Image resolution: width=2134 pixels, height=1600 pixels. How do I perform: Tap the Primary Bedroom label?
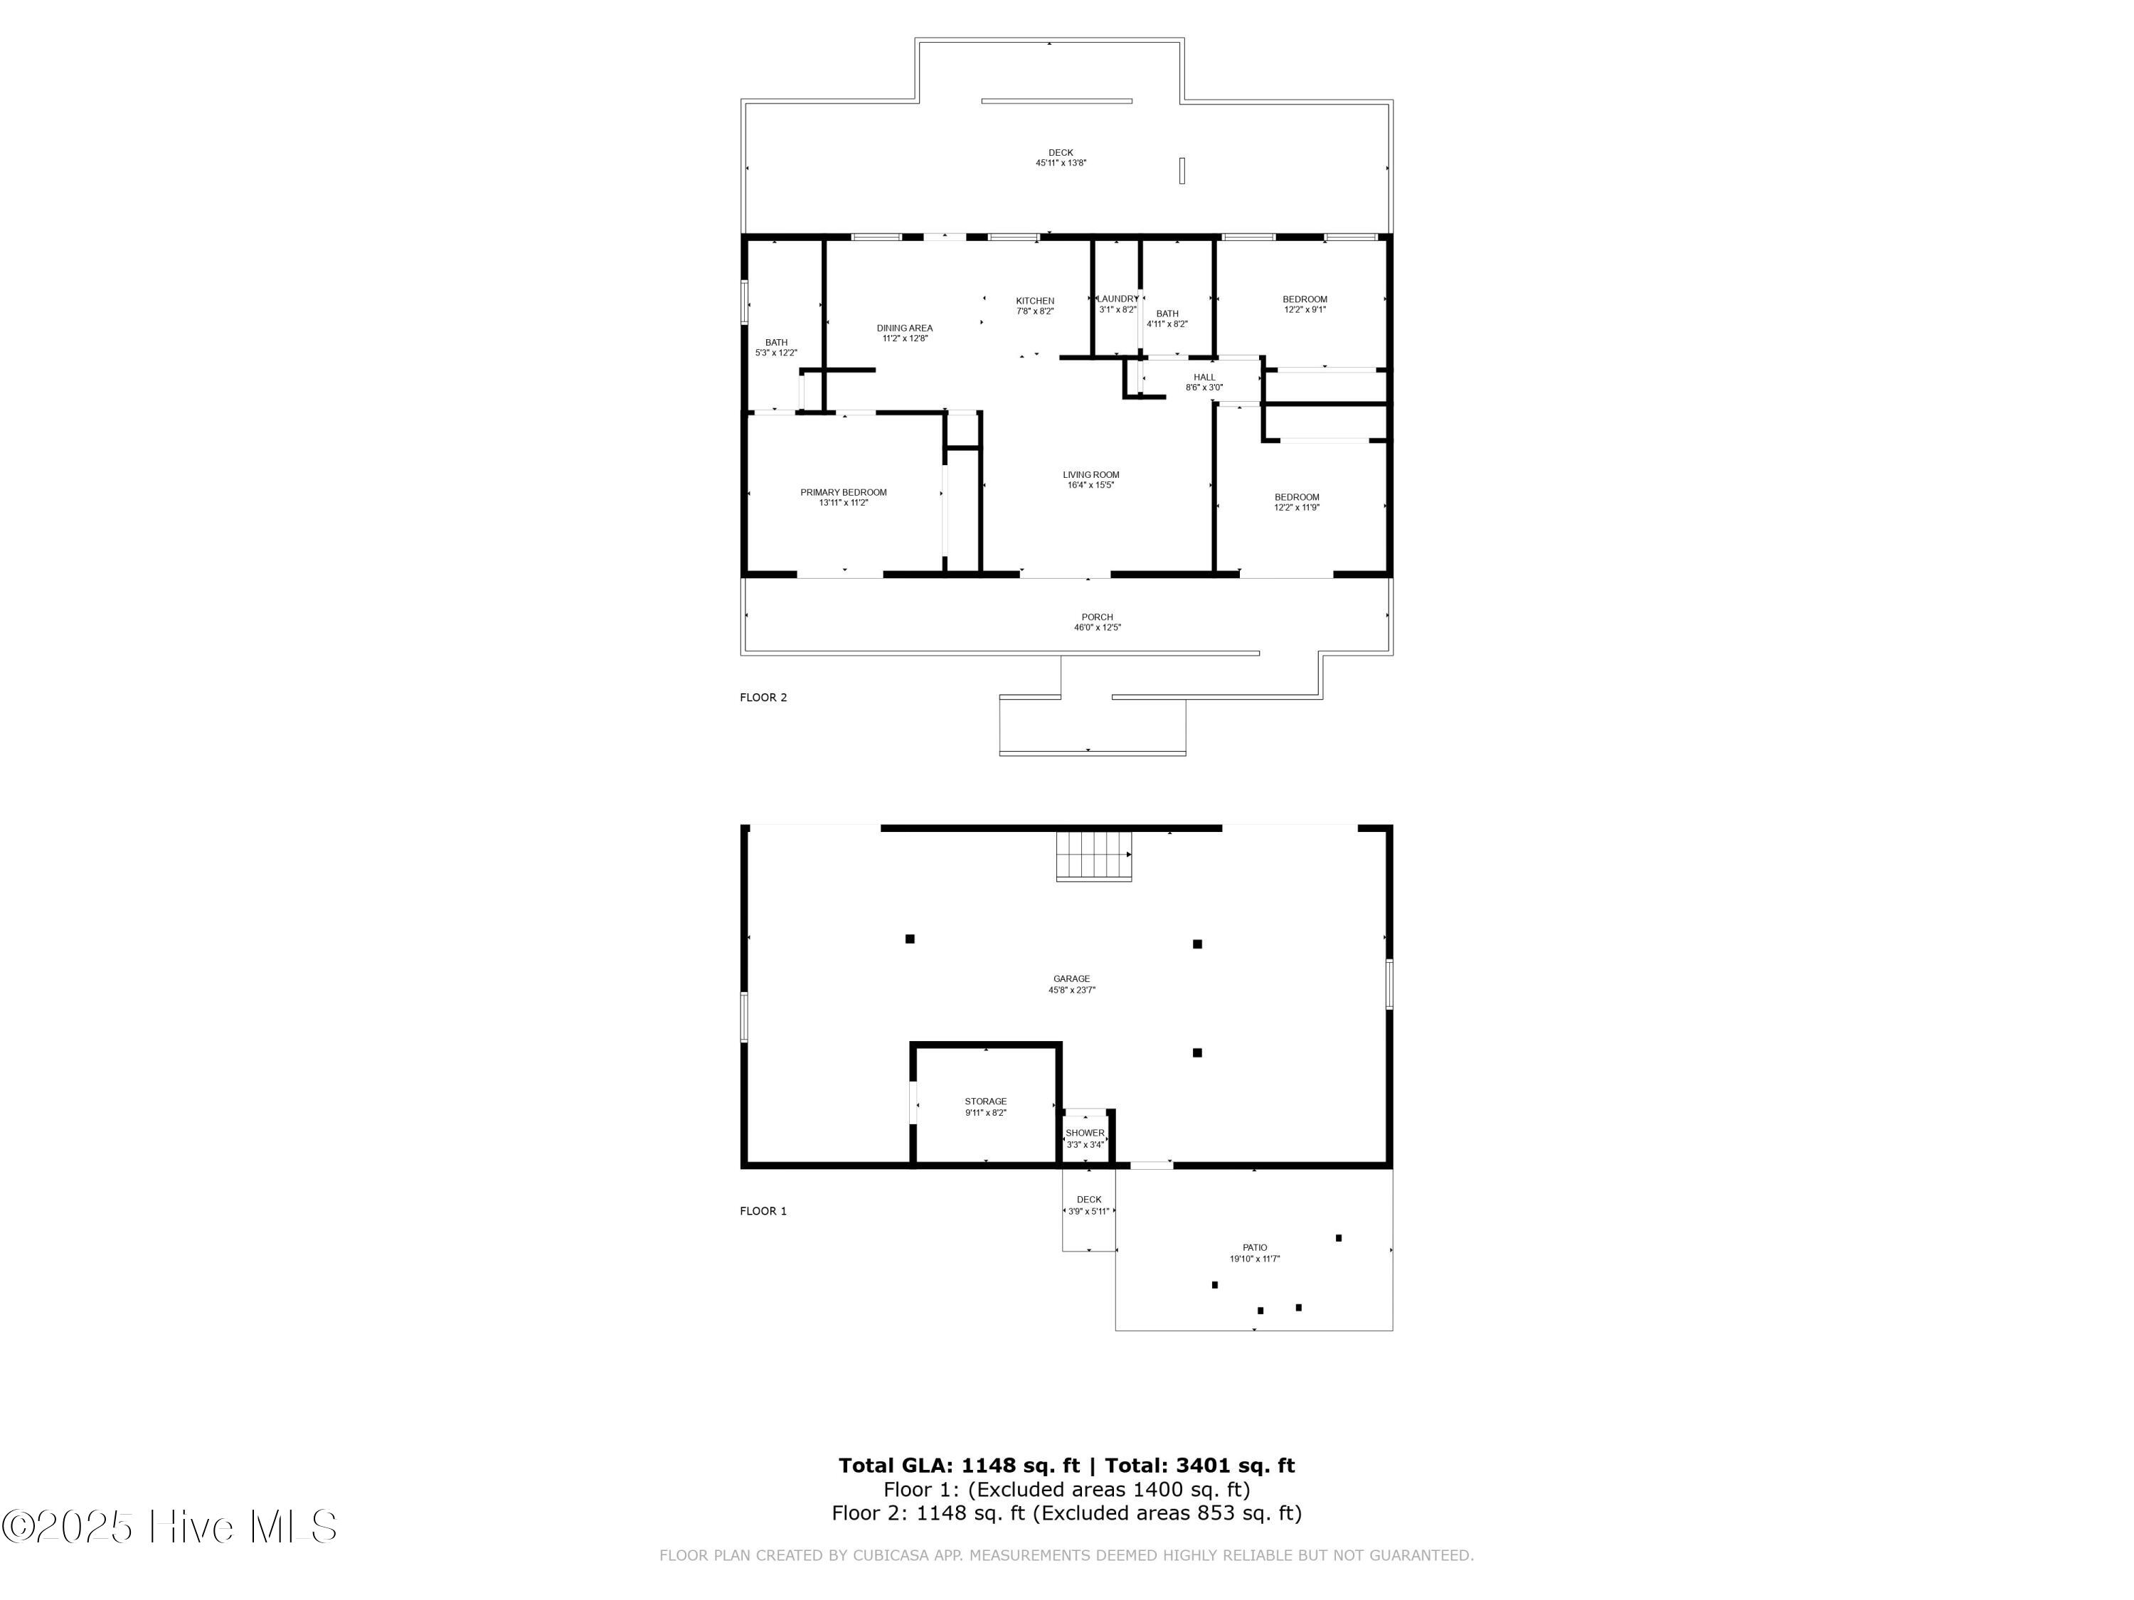pyautogui.click(x=843, y=493)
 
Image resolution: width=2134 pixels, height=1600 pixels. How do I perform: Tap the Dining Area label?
pyautogui.click(x=904, y=329)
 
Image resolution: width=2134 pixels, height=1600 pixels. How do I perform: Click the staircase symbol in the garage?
pyautogui.click(x=1093, y=855)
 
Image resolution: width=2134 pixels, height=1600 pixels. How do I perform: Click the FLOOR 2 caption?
pyautogui.click(x=763, y=698)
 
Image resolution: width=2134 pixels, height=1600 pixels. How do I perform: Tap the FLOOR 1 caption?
pyautogui.click(x=763, y=1211)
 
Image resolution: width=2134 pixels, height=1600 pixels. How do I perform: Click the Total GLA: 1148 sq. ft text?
pyautogui.click(x=958, y=1466)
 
